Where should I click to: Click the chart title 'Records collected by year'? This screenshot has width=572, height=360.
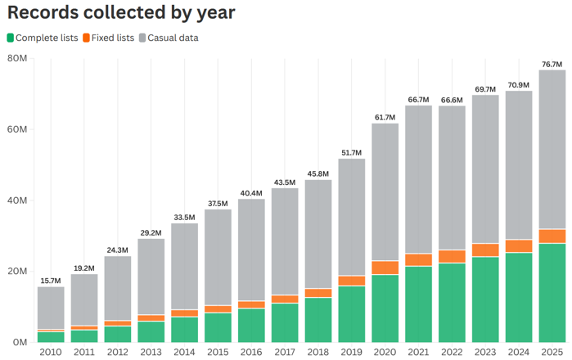(121, 12)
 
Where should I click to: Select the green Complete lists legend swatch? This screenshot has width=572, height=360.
(10, 38)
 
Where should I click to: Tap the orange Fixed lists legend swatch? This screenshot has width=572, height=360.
(86, 38)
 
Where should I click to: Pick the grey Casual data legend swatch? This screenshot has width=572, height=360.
(142, 38)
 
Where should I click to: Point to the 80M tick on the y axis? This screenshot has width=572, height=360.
(17, 58)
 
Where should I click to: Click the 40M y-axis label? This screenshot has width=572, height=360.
(17, 200)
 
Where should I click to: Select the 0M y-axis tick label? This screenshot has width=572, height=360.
(20, 342)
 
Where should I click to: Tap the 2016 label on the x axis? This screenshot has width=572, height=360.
(251, 352)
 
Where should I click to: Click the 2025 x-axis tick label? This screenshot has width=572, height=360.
(552, 352)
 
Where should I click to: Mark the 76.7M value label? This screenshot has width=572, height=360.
(552, 64)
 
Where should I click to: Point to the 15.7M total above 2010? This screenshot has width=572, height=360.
(51, 281)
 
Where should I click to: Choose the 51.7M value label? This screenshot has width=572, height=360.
(351, 153)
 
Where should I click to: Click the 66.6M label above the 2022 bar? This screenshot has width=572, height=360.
(452, 100)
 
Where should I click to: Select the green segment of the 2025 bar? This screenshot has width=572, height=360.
(552, 293)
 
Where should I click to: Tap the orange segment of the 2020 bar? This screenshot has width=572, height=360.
(385, 268)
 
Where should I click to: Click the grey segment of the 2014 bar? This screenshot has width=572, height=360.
(185, 267)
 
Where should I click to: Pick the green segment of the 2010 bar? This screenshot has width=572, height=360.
(51, 337)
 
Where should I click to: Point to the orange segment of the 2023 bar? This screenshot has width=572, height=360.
(485, 250)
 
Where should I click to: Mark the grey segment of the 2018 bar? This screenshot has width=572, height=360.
(318, 234)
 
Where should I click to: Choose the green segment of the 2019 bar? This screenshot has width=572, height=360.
(352, 314)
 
